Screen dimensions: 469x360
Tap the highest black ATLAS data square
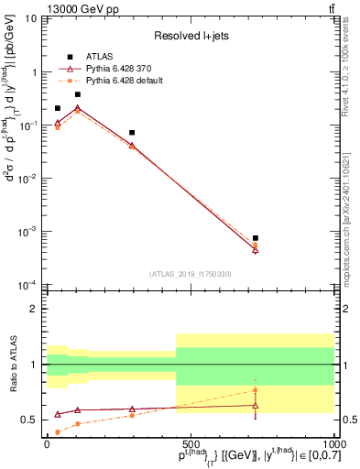78,94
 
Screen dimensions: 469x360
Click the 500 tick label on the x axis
191,443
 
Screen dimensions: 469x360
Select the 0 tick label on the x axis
47,443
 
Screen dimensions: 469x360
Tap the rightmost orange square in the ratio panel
256,390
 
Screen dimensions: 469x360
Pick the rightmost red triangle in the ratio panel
256,405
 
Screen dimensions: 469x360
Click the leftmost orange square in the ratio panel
58,431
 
